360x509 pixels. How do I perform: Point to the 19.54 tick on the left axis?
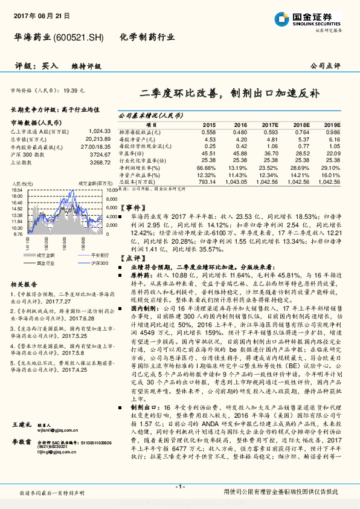click(x=17, y=189)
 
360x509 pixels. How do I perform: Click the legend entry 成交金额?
click(x=43, y=255)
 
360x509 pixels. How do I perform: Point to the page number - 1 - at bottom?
click(x=179, y=487)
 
